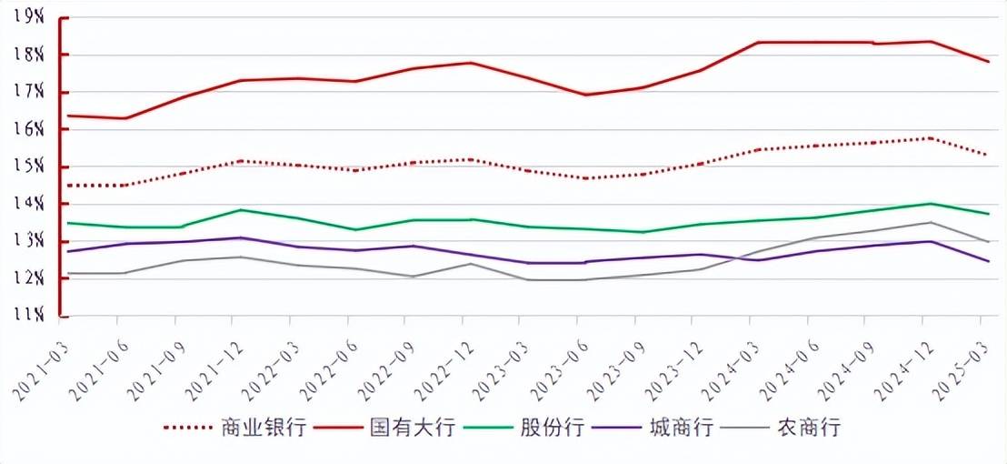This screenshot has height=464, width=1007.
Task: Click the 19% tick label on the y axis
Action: [x=30, y=16]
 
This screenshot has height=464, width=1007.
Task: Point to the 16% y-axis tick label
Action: [x=30, y=129]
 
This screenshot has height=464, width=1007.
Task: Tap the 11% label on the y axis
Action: [x=30, y=315]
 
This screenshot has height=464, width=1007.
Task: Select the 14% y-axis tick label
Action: [x=30, y=204]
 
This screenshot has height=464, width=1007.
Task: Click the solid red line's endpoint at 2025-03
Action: [x=988, y=61]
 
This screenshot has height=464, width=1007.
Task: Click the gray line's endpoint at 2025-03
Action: [x=988, y=241]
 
